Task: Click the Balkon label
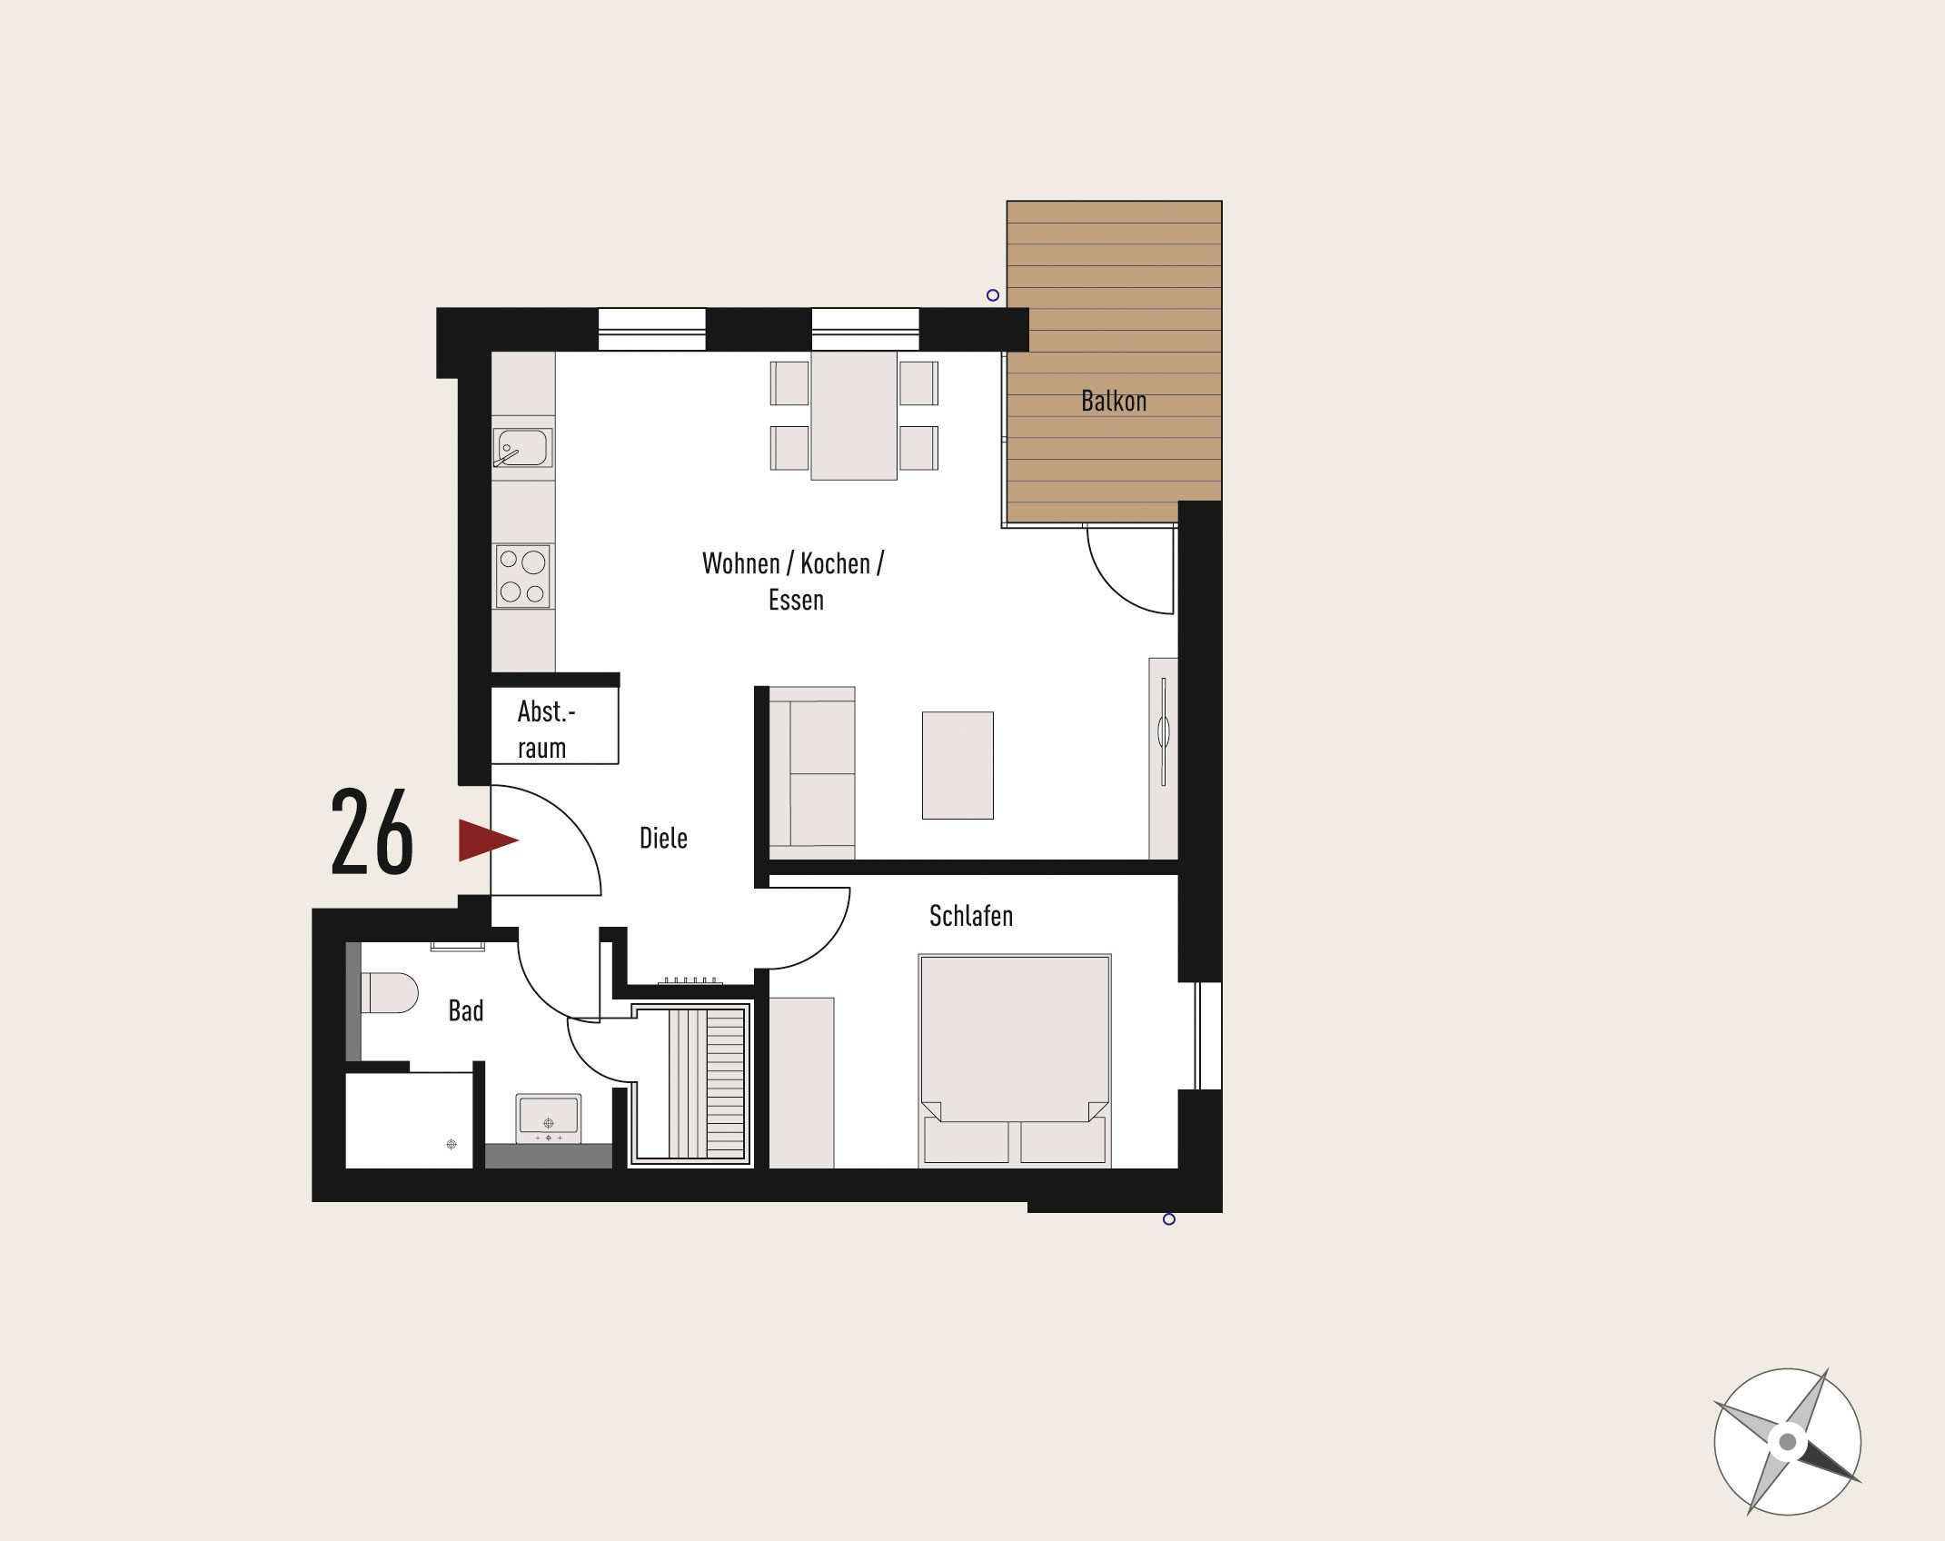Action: pyautogui.click(x=1114, y=401)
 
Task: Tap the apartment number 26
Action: pyautogui.click(x=372, y=832)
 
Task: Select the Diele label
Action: pyautogui.click(x=663, y=838)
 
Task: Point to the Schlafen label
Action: pyautogui.click(x=970, y=915)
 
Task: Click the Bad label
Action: pyautogui.click(x=466, y=1010)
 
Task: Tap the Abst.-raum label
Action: pyautogui.click(x=545, y=730)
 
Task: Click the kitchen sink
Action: pyautogui.click(x=522, y=448)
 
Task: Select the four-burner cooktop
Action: pyautogui.click(x=523, y=576)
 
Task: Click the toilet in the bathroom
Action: pyautogui.click(x=389, y=993)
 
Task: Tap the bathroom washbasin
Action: pyautogui.click(x=549, y=1118)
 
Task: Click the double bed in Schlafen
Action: pyautogui.click(x=1015, y=1059)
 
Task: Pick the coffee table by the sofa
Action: pyautogui.click(x=958, y=765)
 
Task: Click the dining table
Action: pyautogui.click(x=854, y=415)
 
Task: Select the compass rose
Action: pyautogui.click(x=1787, y=1442)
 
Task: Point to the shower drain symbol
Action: pyautogui.click(x=452, y=1144)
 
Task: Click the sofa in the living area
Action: pyautogui.click(x=812, y=773)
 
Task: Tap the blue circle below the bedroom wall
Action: pyautogui.click(x=1169, y=1219)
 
